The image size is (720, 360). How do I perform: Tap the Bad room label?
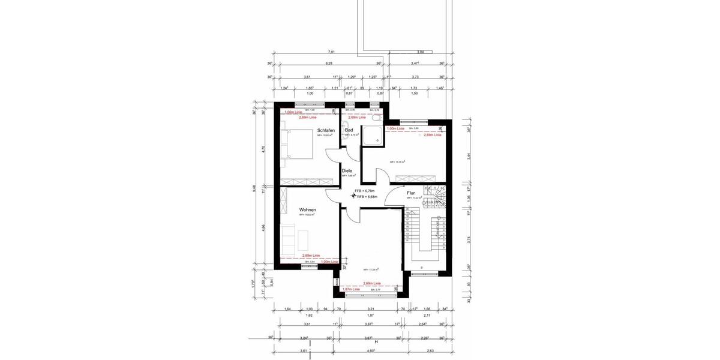349,130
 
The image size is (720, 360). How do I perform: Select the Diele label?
347,170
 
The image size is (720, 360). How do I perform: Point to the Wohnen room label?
308,210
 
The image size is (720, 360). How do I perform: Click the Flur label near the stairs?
411,193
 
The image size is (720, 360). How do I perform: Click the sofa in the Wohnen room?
289,236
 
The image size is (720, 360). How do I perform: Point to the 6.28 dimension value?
329,63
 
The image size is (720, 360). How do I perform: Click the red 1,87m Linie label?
350,289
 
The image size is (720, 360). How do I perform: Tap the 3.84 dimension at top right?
420,53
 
